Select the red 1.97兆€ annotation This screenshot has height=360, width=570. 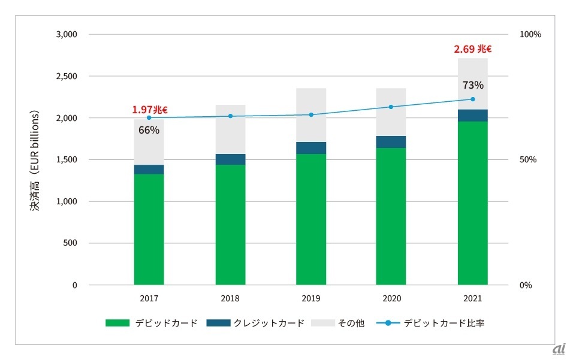coord(150,110)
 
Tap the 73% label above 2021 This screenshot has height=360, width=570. coord(472,85)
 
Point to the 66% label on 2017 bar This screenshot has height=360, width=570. coord(149,130)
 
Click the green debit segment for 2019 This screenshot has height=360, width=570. coord(311,219)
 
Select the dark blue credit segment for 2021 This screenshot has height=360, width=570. coord(472,116)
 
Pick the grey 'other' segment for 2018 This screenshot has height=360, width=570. coord(230,129)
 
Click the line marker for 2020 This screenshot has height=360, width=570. coord(391,107)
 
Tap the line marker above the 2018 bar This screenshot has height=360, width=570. coord(230,116)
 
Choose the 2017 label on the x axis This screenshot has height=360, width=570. coord(149,298)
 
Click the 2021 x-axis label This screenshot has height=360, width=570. coord(472,298)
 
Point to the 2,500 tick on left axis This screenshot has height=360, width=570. coord(67,76)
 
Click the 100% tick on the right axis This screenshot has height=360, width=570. coord(530,34)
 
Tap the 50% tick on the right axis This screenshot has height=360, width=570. coord(527,160)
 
